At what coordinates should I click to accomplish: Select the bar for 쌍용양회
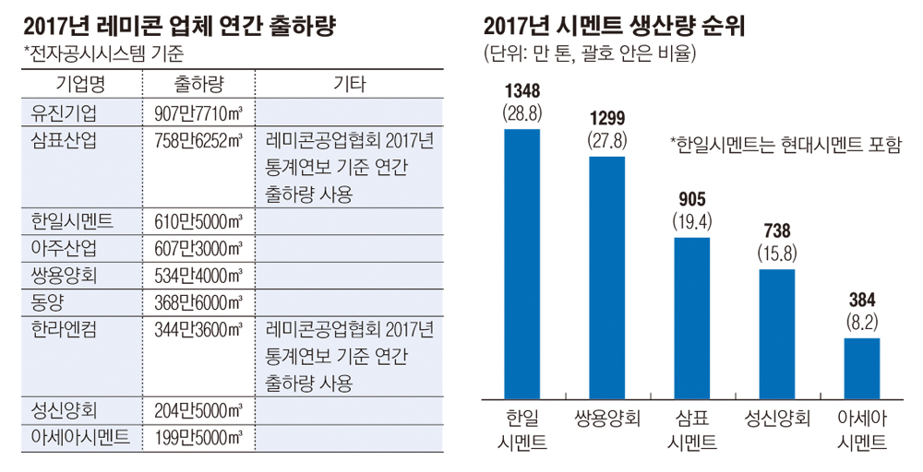point(607,277)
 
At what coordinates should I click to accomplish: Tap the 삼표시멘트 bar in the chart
point(691,317)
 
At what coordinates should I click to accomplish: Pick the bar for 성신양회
point(776,333)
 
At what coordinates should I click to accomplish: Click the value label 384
point(861,301)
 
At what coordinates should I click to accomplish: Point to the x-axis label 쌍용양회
point(607,417)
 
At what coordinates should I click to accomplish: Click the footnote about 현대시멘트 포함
point(785,145)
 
